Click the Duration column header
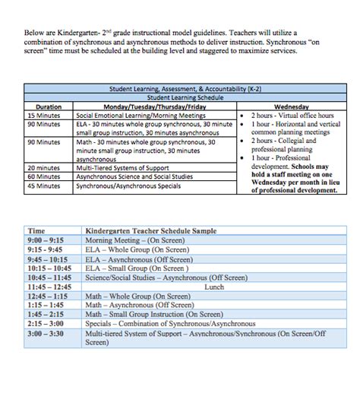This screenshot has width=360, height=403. tap(49, 106)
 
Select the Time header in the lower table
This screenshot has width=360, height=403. tap(36, 230)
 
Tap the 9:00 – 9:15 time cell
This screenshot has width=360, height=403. tap(43, 240)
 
